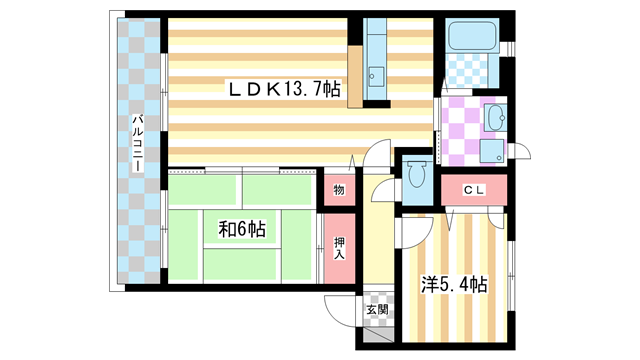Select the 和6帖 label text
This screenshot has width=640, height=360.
(242, 229)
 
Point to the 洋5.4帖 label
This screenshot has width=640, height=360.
(454, 285)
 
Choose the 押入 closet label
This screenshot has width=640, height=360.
(338, 247)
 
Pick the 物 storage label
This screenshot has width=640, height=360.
(338, 190)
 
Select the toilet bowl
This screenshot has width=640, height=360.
(416, 176)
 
